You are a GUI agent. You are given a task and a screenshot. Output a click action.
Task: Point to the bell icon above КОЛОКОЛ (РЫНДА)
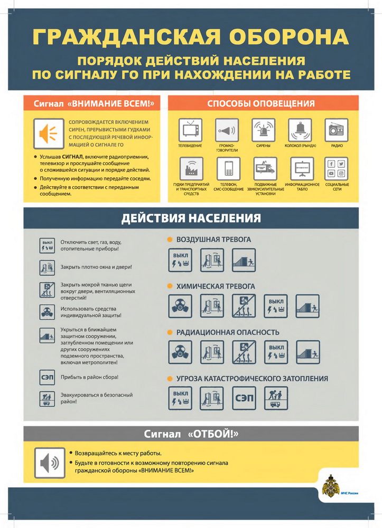[300, 129]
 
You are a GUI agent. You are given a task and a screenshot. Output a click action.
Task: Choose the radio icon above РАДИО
[337, 129]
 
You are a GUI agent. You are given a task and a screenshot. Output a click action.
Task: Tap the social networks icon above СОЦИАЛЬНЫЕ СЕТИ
[337, 168]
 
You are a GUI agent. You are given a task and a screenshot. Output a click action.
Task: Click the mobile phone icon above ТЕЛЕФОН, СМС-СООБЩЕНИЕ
[228, 168]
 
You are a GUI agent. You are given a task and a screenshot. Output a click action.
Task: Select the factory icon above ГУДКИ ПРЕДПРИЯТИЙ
[190, 168]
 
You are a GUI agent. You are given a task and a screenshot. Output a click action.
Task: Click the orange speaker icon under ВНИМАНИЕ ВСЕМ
[49, 133]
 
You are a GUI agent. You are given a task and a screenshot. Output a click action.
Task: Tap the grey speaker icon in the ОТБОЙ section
[49, 463]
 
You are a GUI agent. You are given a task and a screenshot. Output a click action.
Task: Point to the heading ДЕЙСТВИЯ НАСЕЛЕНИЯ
[191, 218]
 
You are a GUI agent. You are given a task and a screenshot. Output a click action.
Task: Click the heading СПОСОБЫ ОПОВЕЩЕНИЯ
[261, 103]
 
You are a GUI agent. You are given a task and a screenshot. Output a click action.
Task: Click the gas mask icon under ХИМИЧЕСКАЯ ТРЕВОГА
[180, 306]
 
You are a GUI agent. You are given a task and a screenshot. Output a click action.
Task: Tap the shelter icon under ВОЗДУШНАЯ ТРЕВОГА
[244, 260]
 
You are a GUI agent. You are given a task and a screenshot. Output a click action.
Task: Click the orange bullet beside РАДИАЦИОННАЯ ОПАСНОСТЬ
[170, 332]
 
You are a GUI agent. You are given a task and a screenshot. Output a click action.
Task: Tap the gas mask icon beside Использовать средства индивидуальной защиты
[48, 312]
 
